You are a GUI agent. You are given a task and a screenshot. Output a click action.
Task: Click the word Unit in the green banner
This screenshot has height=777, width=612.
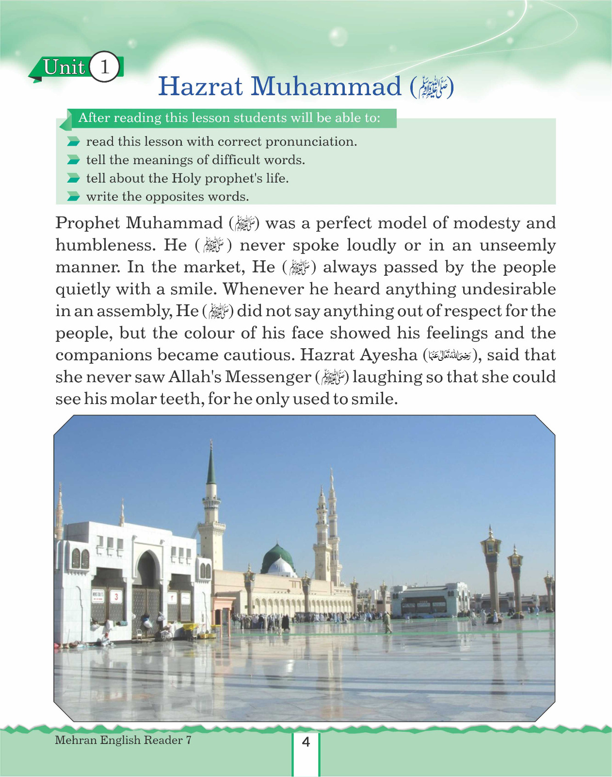point(64,67)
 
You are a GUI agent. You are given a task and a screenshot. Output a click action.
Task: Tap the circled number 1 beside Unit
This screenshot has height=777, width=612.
point(105,67)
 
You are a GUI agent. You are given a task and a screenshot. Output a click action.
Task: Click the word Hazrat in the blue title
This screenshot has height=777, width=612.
point(200,86)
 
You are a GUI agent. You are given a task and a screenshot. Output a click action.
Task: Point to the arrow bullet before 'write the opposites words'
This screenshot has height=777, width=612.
point(73,197)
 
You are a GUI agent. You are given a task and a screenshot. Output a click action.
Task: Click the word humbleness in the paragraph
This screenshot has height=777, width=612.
point(105,245)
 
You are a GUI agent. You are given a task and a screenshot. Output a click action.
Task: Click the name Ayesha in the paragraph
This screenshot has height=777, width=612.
point(388,355)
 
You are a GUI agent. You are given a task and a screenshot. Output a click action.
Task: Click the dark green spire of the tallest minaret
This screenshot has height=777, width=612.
point(211,466)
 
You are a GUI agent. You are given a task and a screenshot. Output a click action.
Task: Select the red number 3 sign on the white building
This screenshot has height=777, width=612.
point(116,596)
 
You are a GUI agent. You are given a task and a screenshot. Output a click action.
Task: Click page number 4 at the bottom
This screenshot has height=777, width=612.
point(306,742)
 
